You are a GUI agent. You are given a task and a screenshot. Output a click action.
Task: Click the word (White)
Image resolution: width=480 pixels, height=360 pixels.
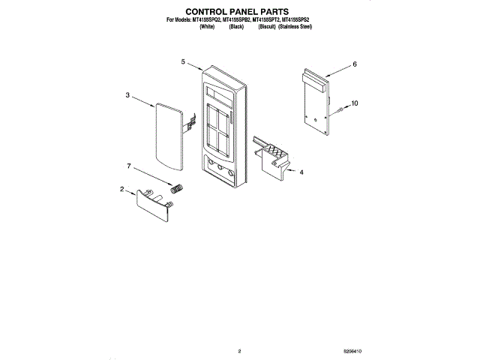[208, 26]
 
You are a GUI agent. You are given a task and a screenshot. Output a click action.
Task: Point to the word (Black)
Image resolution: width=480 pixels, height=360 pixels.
[236, 26]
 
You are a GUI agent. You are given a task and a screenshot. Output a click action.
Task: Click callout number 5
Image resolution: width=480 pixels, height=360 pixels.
[183, 63]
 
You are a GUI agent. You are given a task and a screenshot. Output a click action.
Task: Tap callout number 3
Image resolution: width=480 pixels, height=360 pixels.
[127, 95]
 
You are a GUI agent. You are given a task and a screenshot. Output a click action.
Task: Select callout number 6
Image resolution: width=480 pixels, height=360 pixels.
[355, 65]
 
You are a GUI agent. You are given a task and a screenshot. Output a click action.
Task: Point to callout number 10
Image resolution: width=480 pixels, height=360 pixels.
[355, 103]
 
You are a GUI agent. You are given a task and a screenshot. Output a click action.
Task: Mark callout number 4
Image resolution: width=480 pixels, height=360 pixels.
[301, 172]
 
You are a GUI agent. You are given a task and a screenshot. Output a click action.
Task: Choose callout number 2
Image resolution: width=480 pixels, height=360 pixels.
[121, 190]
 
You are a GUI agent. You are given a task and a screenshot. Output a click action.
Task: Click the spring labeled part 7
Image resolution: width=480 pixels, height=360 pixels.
[178, 187]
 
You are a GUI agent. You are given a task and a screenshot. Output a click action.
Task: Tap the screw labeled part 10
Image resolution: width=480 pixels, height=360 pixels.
[339, 110]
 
